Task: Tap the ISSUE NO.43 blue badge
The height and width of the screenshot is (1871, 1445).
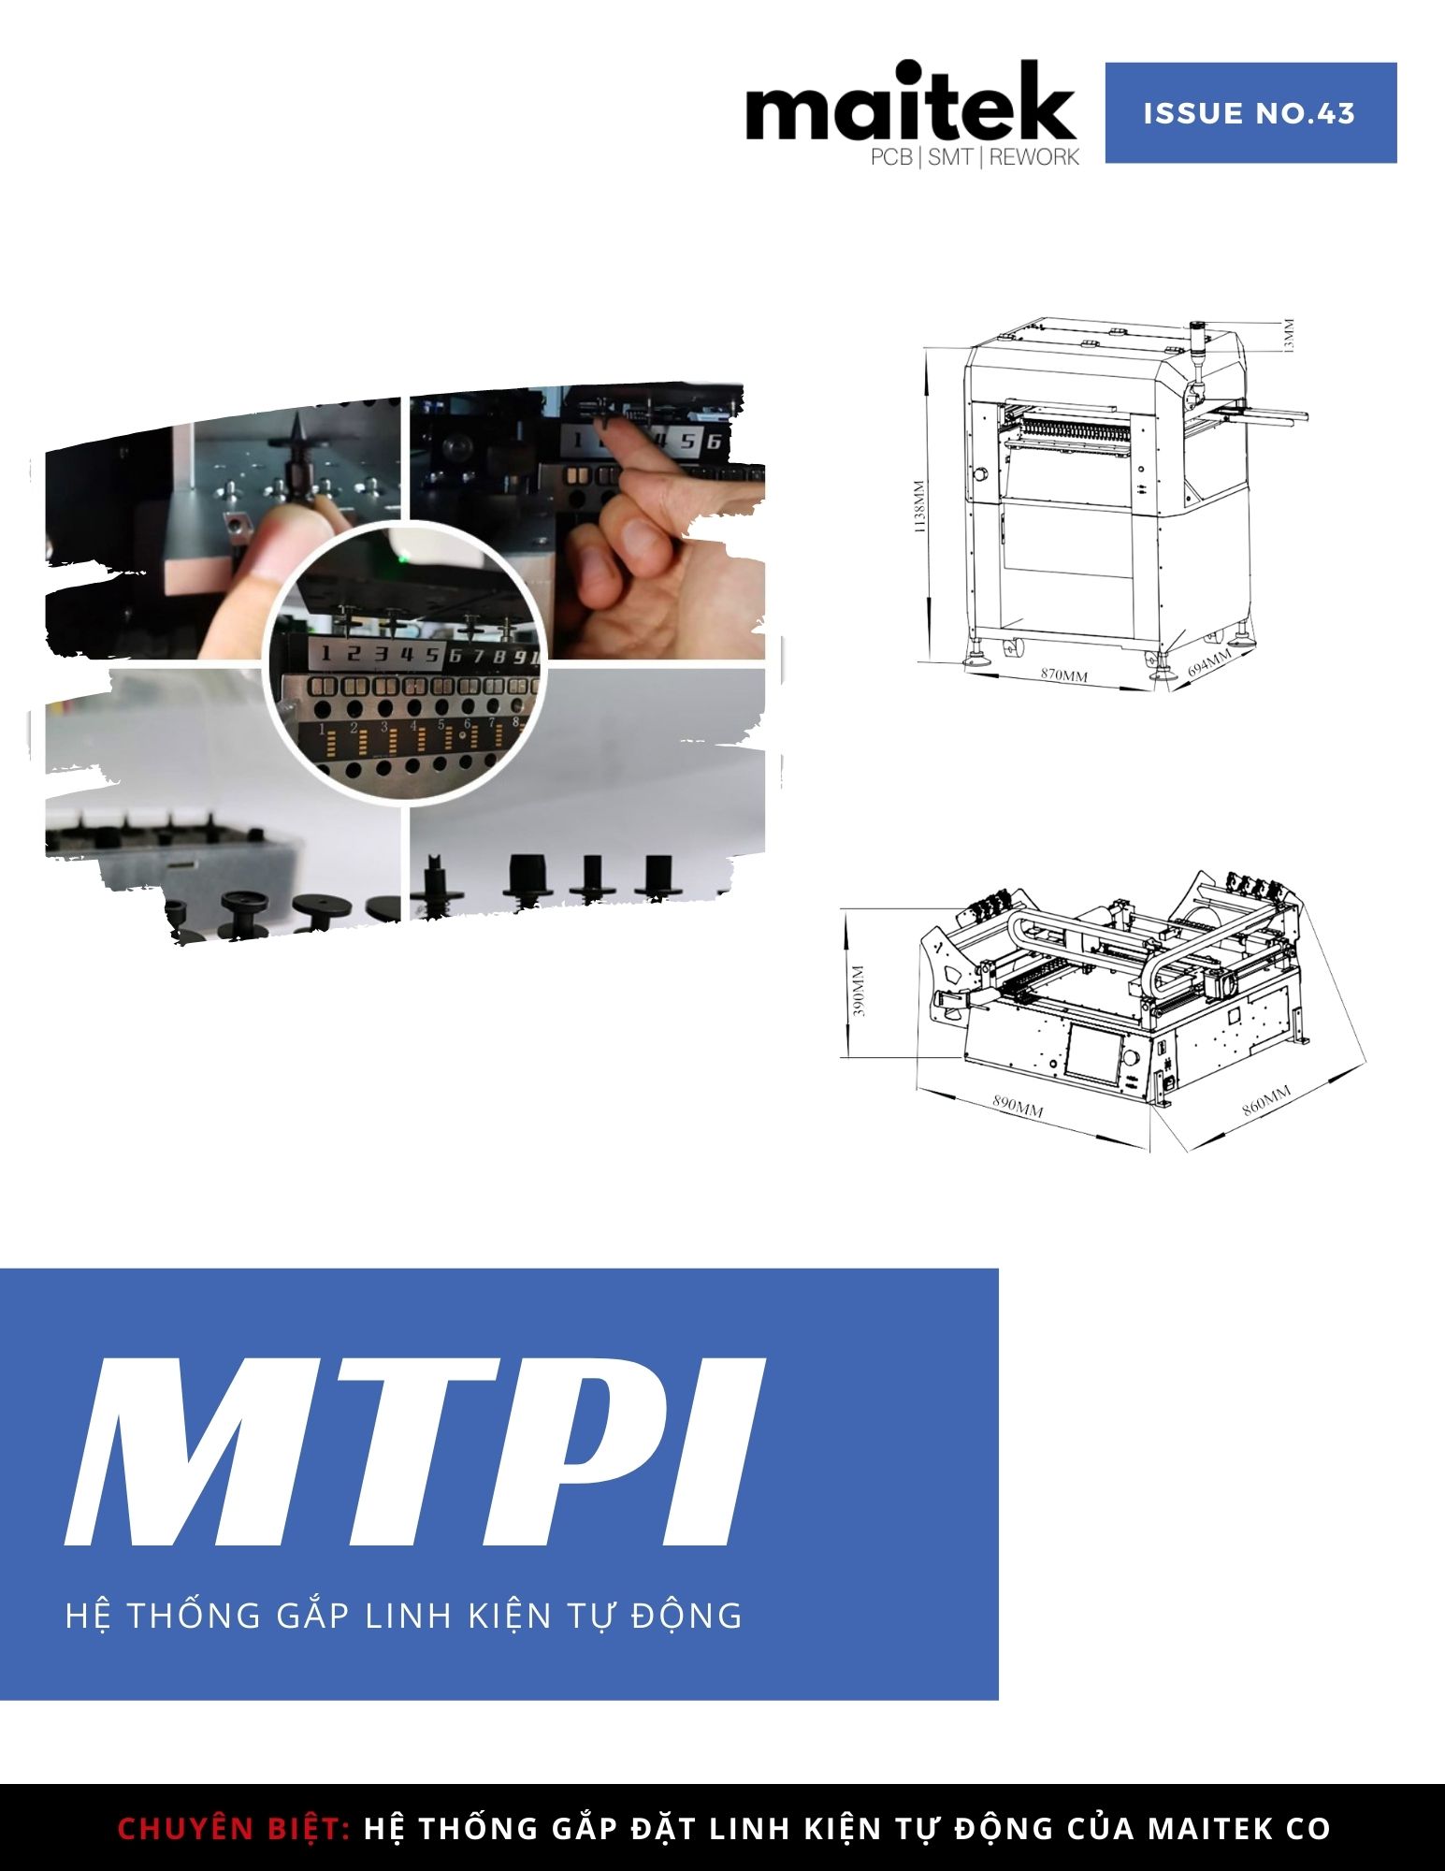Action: pyautogui.click(x=1250, y=113)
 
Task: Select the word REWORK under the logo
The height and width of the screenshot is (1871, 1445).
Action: pyautogui.click(x=1034, y=157)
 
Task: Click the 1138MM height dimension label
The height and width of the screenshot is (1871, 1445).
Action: pyautogui.click(x=919, y=508)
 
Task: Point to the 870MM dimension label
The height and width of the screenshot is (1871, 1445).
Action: pyautogui.click(x=1064, y=674)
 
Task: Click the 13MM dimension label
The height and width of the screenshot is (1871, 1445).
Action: pyautogui.click(x=1289, y=336)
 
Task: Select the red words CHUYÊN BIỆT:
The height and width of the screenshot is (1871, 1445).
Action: pyautogui.click(x=234, y=1828)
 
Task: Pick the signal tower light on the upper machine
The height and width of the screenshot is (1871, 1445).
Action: pyautogui.click(x=1196, y=351)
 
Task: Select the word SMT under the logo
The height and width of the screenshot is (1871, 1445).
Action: pyautogui.click(x=950, y=157)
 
